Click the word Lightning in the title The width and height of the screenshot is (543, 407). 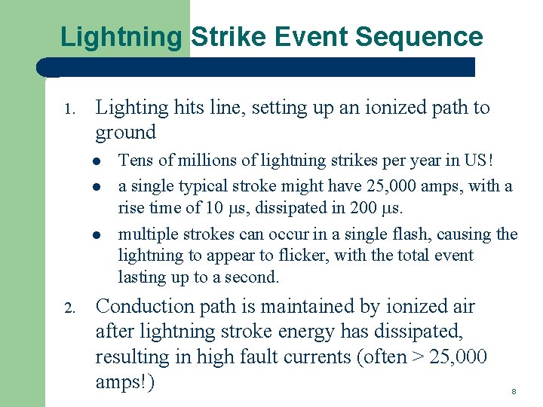[x=121, y=37]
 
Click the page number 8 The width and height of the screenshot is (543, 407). [x=514, y=392]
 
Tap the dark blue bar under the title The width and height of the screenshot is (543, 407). [x=256, y=67]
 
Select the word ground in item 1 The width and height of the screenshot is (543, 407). [x=125, y=133]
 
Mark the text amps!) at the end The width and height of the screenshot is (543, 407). [x=125, y=382]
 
